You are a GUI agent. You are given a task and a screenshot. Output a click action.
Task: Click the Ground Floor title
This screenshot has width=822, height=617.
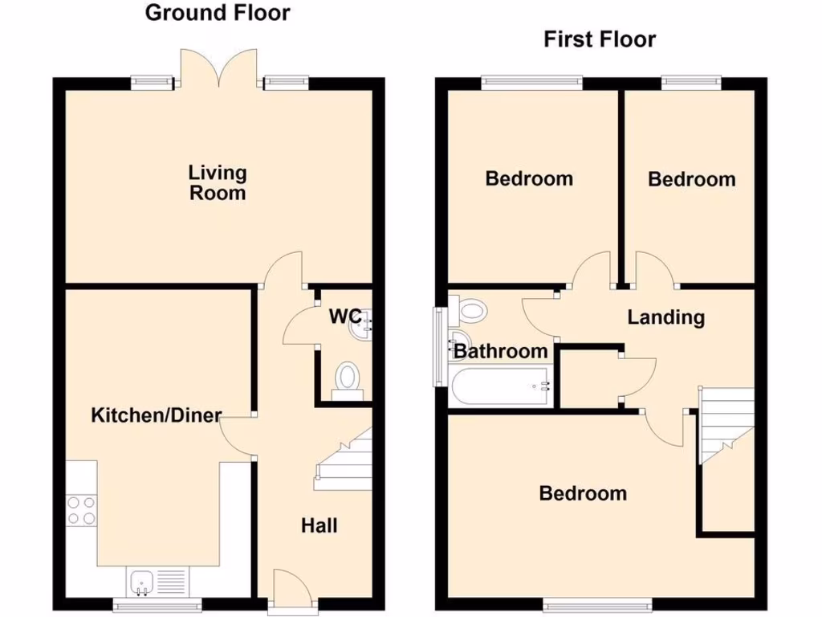pos(218,13)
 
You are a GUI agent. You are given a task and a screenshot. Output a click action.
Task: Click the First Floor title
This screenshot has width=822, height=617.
pos(600,39)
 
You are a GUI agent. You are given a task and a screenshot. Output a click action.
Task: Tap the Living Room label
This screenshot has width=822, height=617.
pos(218,182)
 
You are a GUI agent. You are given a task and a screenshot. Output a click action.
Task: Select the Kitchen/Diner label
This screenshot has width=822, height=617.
pos(156,415)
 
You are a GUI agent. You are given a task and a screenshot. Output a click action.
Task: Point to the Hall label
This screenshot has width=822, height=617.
pos(319,526)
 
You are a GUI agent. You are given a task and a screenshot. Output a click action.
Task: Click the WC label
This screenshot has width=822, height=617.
pos(345,316)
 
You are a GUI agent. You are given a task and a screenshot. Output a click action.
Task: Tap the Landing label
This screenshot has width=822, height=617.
pos(665,317)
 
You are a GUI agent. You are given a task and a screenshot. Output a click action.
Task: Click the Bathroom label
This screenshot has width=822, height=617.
pos(500,351)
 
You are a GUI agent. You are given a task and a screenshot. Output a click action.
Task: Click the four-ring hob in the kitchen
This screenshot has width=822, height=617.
pos(81,510)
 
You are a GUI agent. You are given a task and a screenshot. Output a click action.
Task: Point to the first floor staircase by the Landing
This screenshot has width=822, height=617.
pos(726,423)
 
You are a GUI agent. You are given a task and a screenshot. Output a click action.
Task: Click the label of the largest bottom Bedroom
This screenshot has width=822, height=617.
pos(583,493)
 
